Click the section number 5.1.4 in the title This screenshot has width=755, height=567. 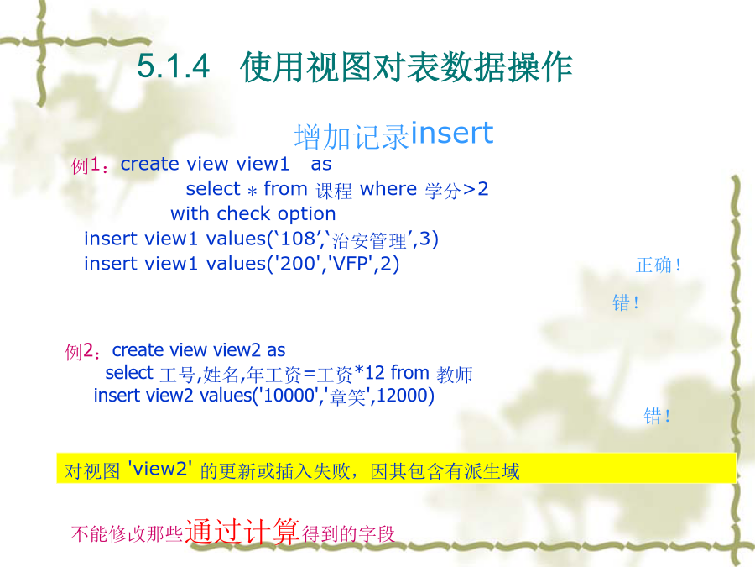[x=174, y=66]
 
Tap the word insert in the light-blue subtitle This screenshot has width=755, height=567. [x=452, y=133]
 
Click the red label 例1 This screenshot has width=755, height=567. [x=86, y=165]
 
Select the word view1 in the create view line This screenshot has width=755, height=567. [x=263, y=164]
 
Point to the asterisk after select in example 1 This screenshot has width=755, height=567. [x=252, y=191]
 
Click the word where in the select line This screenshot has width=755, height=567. [x=388, y=188]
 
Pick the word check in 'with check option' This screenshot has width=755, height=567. [x=243, y=213]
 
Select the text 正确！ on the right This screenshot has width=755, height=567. [x=659, y=265]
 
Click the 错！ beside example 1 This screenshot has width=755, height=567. [x=626, y=302]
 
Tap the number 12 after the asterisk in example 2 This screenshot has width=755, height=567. [x=375, y=373]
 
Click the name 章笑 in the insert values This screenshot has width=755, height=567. [x=347, y=396]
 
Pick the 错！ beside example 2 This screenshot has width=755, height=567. [x=657, y=416]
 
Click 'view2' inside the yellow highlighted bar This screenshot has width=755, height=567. [x=160, y=469]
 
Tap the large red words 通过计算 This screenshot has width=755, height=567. [x=242, y=532]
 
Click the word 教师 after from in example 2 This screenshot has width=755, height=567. [x=455, y=374]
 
